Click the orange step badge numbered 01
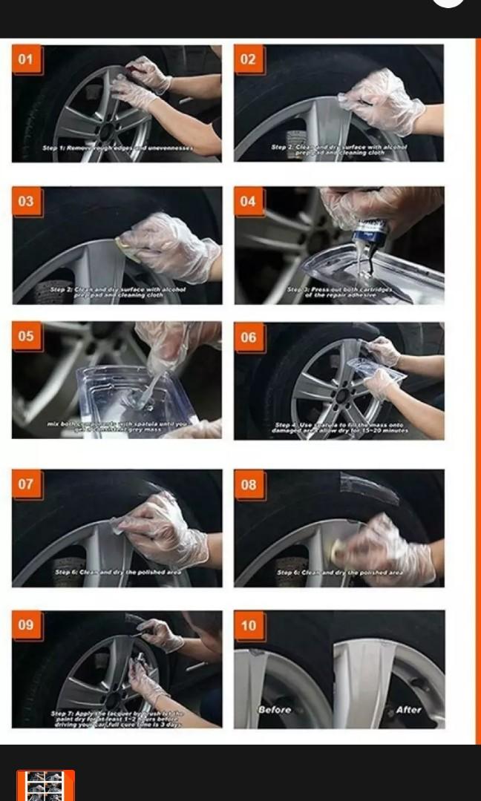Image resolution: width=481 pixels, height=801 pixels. [x=26, y=59]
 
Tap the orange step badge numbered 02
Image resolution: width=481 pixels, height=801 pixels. [x=248, y=59]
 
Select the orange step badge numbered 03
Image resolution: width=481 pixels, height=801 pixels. [x=26, y=201]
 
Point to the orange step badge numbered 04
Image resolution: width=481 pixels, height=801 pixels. [x=248, y=201]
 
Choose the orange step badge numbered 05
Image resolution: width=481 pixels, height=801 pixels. [x=26, y=336]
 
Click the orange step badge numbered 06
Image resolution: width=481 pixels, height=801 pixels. [x=248, y=337]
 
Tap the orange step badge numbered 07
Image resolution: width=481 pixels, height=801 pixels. [x=26, y=484]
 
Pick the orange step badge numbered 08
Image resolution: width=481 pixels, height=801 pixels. [x=248, y=484]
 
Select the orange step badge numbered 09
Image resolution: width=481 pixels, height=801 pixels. [x=26, y=624]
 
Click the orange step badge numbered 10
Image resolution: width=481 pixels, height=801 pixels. [x=248, y=625]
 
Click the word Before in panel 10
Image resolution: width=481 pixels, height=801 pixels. [x=274, y=710]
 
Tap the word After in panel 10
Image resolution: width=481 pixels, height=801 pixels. [x=408, y=710]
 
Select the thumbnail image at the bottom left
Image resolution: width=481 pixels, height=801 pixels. [x=45, y=785]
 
